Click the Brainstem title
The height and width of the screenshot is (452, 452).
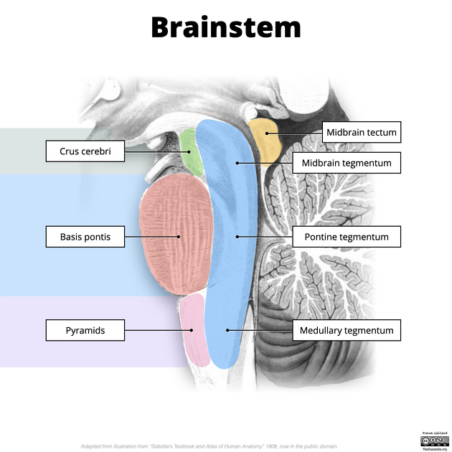(225, 27)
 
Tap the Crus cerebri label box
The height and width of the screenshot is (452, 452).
(85, 151)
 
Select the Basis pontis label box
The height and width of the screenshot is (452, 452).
(85, 236)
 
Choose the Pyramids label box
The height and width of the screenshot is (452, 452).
(85, 330)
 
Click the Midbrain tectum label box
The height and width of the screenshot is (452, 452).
(361, 132)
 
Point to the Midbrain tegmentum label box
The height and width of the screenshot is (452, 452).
(347, 163)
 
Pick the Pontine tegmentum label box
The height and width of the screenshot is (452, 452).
(347, 236)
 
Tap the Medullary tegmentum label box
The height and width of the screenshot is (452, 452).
(347, 330)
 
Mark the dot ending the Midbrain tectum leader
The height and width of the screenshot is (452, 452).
(267, 133)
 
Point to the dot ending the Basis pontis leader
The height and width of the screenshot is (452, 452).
(179, 236)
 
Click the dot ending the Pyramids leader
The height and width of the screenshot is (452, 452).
(192, 330)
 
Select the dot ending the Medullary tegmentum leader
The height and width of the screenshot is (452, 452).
(227, 330)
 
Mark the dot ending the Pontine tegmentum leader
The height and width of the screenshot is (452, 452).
(237, 236)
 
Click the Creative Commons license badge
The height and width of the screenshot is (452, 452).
(435, 439)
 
